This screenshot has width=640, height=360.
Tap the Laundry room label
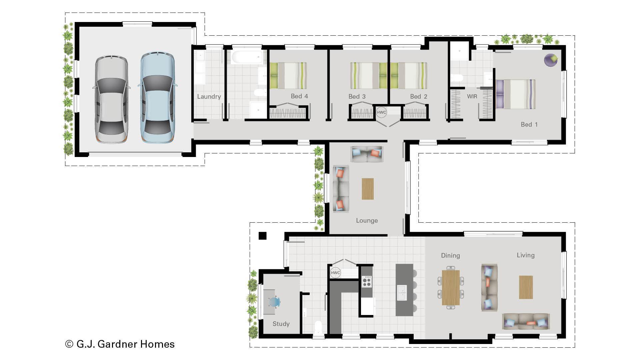[209, 97]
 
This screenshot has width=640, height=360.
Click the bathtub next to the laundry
[247, 57]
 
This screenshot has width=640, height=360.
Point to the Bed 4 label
[299, 96]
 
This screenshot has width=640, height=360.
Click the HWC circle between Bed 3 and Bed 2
[381, 112]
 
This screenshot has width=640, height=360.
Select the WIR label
[472, 96]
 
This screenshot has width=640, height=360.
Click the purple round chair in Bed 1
[551, 60]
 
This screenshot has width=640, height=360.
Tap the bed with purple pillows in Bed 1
[516, 94]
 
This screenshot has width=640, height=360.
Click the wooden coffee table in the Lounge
[368, 189]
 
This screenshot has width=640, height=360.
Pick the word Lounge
[367, 221]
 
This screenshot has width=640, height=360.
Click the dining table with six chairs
[451, 288]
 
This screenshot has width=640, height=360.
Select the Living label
[526, 255]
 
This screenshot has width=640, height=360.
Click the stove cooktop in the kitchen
[367, 282]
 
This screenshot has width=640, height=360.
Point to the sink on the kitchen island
[402, 292]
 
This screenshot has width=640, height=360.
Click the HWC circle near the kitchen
[335, 273]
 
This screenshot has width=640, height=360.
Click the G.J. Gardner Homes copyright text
[120, 344]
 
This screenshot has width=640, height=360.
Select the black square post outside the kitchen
[263, 236]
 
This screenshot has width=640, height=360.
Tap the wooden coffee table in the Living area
[526, 287]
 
